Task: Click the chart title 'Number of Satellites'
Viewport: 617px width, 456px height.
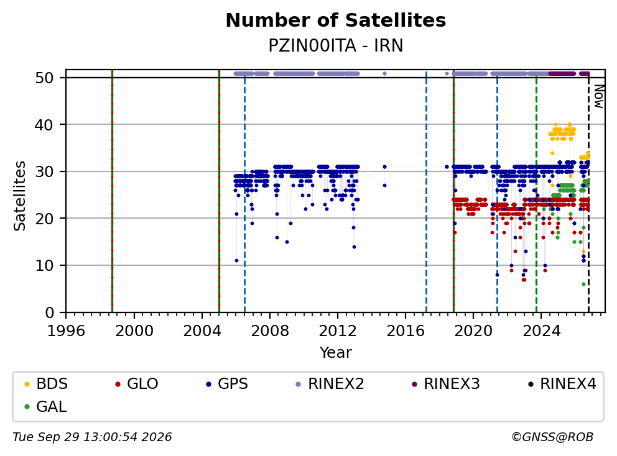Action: pyautogui.click(x=336, y=21)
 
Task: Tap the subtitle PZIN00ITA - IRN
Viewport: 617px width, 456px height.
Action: pyautogui.click(x=336, y=45)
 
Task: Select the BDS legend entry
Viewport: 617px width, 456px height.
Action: pyautogui.click(x=46, y=384)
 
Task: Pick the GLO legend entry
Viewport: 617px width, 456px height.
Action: pyautogui.click(x=137, y=384)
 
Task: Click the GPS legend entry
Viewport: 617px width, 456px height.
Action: pyautogui.click(x=227, y=384)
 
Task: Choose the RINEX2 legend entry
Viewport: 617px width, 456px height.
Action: pyautogui.click(x=330, y=384)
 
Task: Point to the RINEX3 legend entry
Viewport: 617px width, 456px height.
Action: pyautogui.click(x=445, y=384)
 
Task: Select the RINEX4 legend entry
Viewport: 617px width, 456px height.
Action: pyautogui.click(x=562, y=384)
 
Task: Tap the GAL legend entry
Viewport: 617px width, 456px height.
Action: pyautogui.click(x=45, y=406)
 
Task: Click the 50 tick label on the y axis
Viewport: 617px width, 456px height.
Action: pyautogui.click(x=44, y=78)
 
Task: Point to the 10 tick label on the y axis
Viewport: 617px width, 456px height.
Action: pyautogui.click(x=44, y=266)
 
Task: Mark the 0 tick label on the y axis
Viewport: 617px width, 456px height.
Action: pyautogui.click(x=50, y=313)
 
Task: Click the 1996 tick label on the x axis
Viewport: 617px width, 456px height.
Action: pyautogui.click(x=66, y=331)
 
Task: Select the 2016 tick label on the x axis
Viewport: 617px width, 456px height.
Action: pyautogui.click(x=406, y=331)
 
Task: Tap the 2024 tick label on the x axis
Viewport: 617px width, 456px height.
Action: pyautogui.click(x=541, y=331)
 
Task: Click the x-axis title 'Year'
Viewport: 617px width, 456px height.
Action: pyautogui.click(x=336, y=353)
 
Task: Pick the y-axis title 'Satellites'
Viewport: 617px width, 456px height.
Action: pyautogui.click(x=19, y=196)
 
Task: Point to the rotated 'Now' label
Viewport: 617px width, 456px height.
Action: pyautogui.click(x=598, y=97)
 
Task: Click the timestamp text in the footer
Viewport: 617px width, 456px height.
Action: pyautogui.click(x=92, y=437)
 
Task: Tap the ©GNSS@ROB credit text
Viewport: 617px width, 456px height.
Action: pyautogui.click(x=552, y=437)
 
